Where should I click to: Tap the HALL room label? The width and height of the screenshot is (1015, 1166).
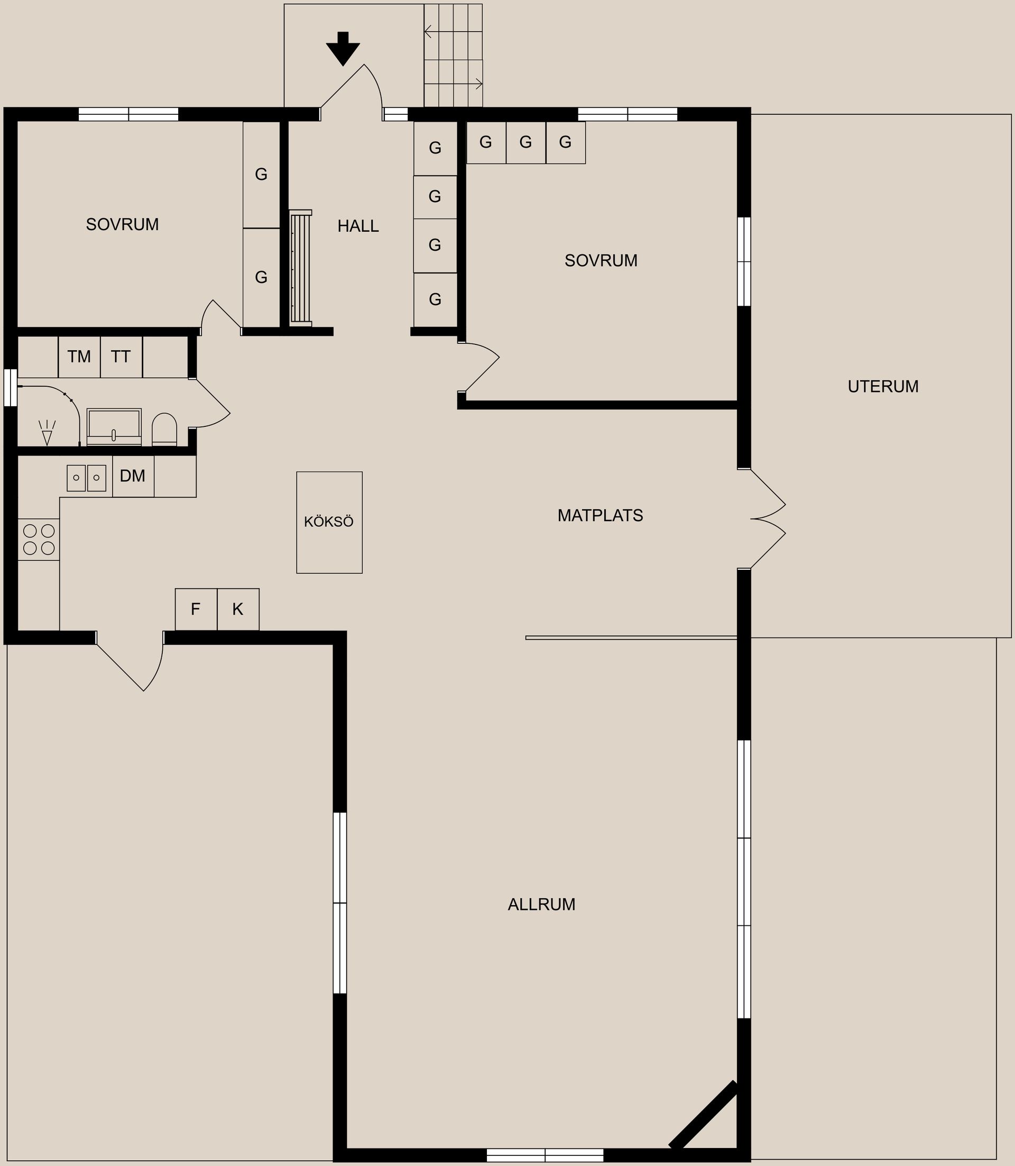pos(358,226)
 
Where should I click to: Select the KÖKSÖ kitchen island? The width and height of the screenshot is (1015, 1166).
pos(329,522)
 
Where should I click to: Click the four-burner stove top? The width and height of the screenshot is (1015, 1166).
pos(39,540)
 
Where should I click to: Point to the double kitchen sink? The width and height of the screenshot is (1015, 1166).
pos(87,477)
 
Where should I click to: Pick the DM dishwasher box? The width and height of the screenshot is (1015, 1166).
pos(133,476)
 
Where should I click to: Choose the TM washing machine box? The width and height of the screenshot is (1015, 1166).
pos(79,357)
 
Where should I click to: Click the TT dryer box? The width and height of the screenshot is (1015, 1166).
pos(121,357)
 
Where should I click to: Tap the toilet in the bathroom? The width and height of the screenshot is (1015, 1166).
pos(165,429)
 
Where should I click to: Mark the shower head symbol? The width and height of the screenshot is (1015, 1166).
pos(47,433)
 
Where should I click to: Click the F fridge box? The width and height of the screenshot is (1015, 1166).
pos(196,609)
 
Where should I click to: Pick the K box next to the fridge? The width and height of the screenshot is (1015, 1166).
pos(238,609)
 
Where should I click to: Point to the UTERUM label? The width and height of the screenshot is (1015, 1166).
pos(883,387)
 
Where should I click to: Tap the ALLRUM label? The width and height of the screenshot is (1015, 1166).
pos(541,904)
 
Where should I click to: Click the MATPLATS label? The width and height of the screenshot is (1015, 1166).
pos(601,515)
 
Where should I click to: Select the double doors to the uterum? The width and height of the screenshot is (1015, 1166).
pos(768,518)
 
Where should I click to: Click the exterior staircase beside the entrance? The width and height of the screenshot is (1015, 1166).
pos(453,56)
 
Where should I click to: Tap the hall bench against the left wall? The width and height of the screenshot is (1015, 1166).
pos(301,268)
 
